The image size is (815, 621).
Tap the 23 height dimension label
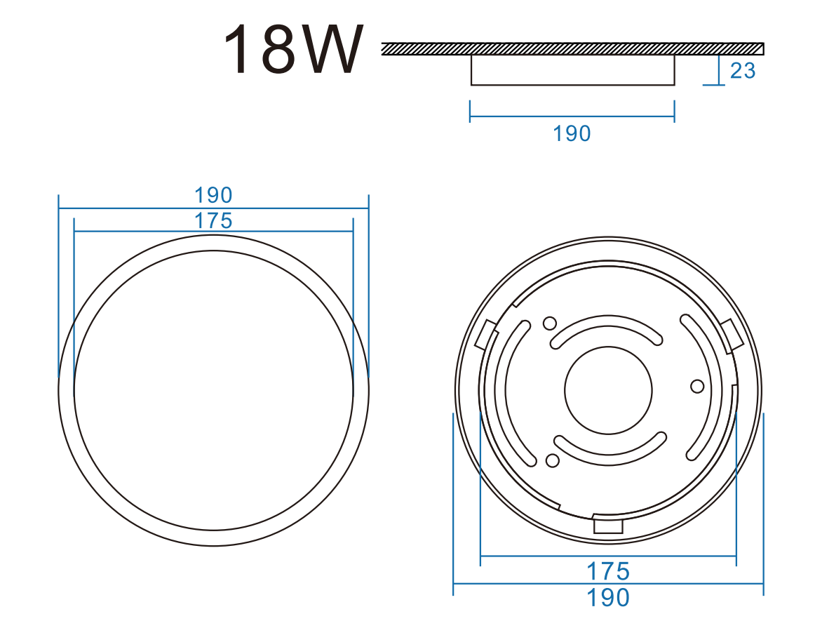(743, 71)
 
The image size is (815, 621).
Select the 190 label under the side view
(572, 133)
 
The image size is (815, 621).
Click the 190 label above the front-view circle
(213, 196)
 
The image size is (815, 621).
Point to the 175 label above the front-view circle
(213, 221)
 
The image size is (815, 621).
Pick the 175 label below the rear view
(608, 572)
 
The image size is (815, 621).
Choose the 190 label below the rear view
(608, 598)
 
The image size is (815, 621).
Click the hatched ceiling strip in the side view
(573, 49)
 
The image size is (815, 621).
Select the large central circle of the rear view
(608, 347)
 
